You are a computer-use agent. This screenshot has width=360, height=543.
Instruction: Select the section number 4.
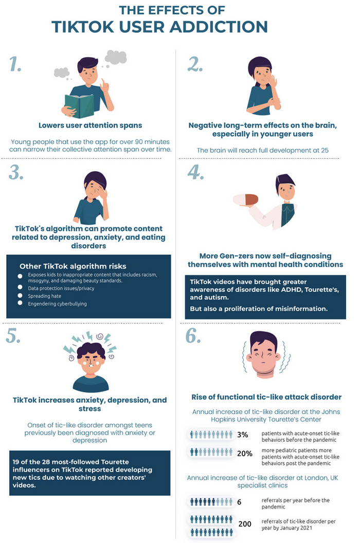point(196,172)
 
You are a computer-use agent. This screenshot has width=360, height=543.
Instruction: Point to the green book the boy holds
point(79,105)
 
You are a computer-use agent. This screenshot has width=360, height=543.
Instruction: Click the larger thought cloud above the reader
point(116,57)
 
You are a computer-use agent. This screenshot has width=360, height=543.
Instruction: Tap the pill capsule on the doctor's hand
point(245,200)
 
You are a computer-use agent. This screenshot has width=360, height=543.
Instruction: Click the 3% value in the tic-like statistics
point(243,435)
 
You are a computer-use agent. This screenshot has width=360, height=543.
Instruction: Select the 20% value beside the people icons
point(245,454)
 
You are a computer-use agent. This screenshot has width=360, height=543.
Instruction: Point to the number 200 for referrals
point(245,524)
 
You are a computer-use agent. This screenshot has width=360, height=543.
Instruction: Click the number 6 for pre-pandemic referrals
point(239,502)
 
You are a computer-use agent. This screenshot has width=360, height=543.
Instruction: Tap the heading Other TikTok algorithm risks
point(73,266)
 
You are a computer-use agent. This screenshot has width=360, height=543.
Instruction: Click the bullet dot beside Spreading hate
point(20,295)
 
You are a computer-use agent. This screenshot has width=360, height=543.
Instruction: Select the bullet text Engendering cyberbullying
point(58,304)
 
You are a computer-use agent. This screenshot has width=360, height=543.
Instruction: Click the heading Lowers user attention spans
point(90,125)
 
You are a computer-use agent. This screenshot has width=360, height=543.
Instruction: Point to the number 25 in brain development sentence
point(325,150)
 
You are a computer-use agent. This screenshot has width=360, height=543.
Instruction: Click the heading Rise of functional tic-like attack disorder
point(266,397)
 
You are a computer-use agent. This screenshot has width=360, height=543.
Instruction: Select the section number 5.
point(13,335)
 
